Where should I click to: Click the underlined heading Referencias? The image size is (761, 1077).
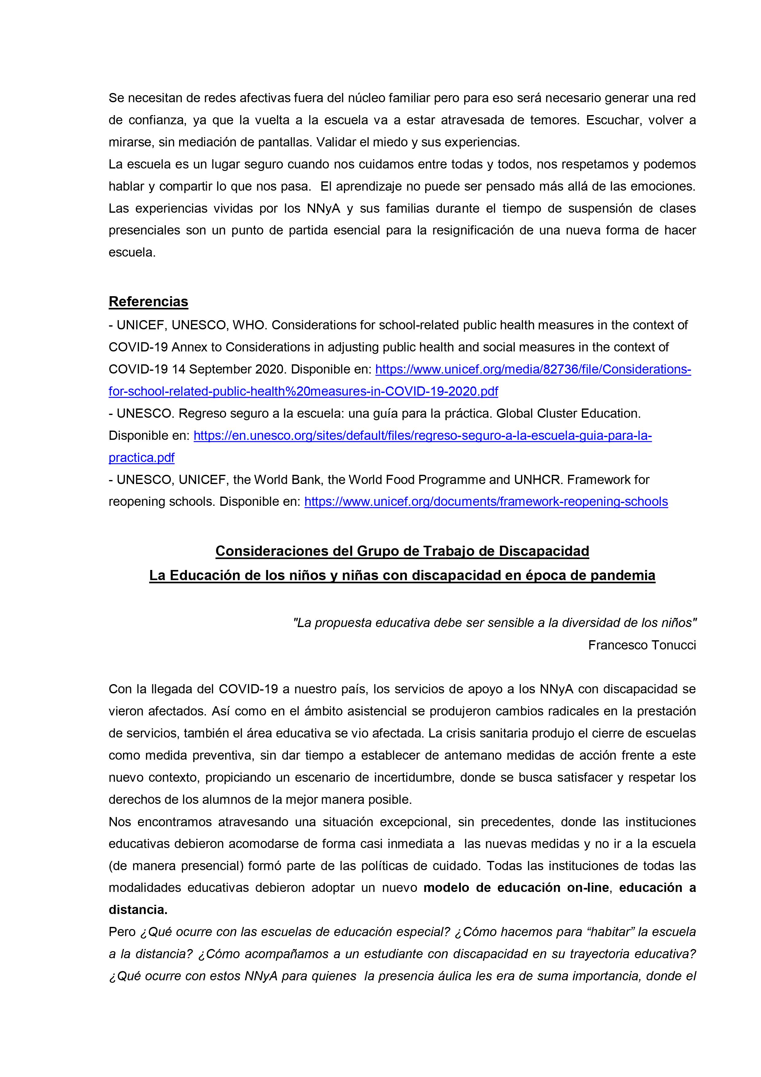(x=148, y=302)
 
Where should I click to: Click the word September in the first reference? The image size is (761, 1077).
(x=220, y=369)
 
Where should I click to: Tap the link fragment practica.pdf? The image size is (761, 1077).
(x=141, y=457)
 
